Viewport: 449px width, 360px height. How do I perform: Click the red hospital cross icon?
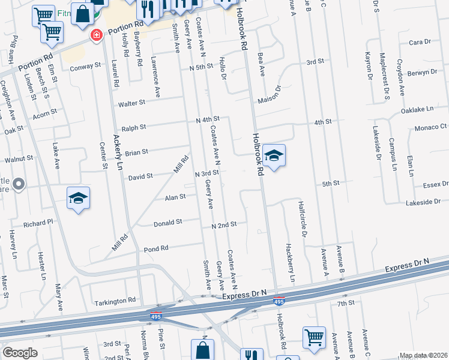95,36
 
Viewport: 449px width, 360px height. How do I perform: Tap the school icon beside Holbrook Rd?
274,156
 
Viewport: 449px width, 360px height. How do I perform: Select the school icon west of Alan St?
78,199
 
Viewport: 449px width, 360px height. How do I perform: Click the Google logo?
20,353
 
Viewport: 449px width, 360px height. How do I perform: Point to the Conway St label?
82,67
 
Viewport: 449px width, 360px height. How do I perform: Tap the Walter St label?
132,103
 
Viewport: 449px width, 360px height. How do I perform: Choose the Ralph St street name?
134,127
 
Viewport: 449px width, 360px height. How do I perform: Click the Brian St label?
136,152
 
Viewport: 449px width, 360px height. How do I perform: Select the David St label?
140,177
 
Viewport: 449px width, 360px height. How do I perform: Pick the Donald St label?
167,222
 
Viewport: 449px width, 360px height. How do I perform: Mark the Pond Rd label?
155,248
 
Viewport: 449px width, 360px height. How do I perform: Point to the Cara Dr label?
420,43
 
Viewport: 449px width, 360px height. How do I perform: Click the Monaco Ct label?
430,128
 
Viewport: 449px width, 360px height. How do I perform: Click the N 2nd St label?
224,224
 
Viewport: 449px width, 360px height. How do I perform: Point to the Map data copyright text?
423,355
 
